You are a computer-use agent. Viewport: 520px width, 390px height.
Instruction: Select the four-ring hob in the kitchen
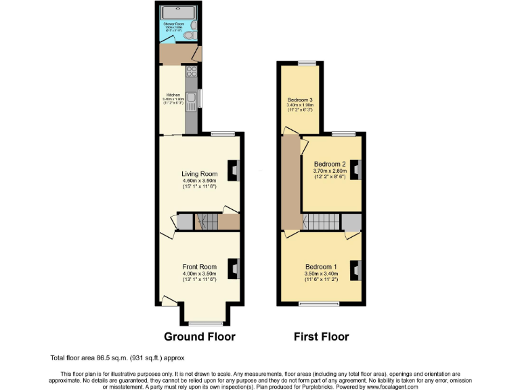(192, 72)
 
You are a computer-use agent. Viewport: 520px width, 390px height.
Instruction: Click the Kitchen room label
(173, 95)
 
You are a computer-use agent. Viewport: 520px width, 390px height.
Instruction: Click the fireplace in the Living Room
(234, 169)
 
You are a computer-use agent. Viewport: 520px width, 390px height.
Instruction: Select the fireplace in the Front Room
(234, 268)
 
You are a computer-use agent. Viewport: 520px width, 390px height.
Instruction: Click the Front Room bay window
(206, 322)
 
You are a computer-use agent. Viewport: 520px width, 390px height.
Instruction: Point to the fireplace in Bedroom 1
(354, 269)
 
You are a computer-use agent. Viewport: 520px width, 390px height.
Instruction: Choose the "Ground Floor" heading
(200, 337)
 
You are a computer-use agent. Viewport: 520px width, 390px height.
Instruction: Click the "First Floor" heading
(321, 337)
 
